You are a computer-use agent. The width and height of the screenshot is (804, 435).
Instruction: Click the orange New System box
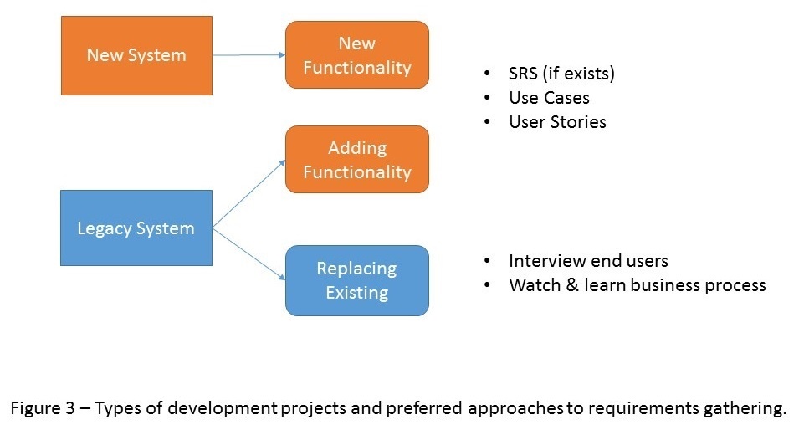[x=137, y=55]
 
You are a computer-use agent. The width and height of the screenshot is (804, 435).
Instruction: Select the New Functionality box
[x=357, y=55]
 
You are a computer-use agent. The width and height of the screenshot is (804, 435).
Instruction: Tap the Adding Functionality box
[x=357, y=160]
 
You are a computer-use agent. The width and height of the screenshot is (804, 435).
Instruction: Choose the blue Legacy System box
[x=136, y=228]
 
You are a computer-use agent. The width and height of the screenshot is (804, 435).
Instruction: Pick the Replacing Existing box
[x=357, y=280]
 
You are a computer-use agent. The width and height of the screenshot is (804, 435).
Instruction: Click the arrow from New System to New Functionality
[x=248, y=55]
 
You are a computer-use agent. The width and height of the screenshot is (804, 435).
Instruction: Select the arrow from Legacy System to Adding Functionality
[x=248, y=193]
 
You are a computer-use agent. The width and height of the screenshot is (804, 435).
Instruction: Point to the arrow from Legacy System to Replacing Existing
[x=248, y=254]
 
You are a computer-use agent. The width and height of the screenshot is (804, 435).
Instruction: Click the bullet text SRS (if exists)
[x=561, y=74]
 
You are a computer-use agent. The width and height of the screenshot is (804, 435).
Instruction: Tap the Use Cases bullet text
[x=549, y=98]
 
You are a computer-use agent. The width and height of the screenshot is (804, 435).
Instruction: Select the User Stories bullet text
[x=557, y=122]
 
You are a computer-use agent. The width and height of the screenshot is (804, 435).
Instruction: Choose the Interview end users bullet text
[x=589, y=261]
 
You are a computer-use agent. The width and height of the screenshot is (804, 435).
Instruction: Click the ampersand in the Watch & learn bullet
[x=572, y=284]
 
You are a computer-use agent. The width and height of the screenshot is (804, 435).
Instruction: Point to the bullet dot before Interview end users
[x=487, y=261]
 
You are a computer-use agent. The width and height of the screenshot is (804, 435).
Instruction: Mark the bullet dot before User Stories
[x=487, y=122]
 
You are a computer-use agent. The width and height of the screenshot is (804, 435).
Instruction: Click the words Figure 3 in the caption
[x=43, y=408]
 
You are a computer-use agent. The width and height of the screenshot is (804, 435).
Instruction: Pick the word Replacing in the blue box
[x=357, y=269]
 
